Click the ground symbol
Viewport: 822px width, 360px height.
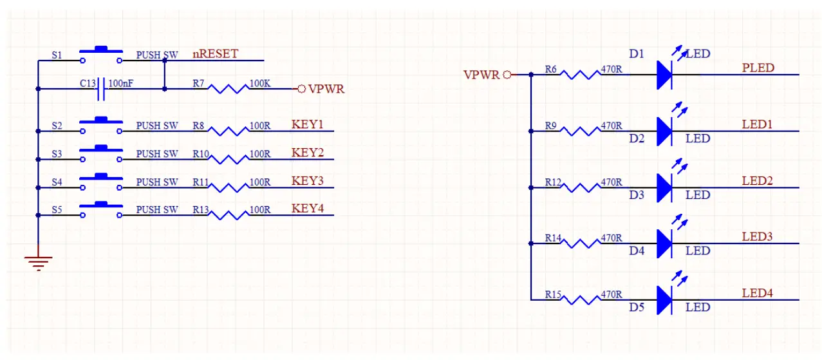39,261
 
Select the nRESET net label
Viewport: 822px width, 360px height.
215,54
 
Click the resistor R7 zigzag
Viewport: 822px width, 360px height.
229,89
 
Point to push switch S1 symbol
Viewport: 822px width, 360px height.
101,55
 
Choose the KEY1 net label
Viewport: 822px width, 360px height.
307,124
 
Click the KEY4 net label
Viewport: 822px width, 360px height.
307,209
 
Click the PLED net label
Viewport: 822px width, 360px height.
758,68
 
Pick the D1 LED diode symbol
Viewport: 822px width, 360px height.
665,74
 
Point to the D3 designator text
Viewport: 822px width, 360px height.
637,194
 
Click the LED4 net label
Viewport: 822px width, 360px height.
757,293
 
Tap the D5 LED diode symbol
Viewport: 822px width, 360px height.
665,300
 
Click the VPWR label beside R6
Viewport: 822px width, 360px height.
481,75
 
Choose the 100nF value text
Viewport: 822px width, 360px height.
121,83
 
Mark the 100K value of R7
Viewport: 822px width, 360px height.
259,83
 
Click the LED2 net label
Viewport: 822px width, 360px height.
757,181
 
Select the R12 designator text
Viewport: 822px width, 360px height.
553,182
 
